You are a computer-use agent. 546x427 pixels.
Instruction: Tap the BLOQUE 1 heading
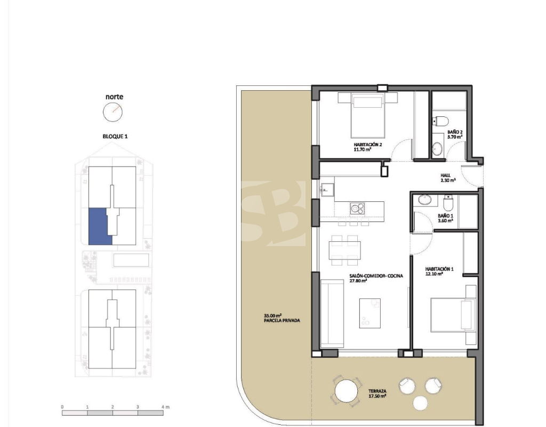click(115, 136)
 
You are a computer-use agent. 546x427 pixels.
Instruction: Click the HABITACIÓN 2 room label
click(368, 144)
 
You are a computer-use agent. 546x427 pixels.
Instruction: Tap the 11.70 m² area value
click(363, 149)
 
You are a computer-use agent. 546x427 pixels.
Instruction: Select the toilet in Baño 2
click(440, 121)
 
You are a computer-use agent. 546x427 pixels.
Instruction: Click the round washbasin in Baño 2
click(437, 149)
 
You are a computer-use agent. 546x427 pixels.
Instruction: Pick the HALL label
click(445, 175)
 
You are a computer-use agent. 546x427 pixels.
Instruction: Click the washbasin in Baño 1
click(424, 200)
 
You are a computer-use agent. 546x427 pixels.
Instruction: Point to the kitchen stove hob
click(357, 209)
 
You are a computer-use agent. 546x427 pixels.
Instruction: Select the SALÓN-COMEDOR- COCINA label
click(376, 276)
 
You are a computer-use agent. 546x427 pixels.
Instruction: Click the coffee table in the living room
click(370, 313)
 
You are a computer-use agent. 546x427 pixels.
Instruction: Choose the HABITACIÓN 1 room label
click(439, 269)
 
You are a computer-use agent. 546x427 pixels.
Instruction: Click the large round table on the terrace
click(346, 391)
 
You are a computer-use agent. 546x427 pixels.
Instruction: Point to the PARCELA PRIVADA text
click(282, 321)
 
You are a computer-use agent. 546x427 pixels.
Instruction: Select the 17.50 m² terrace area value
click(378, 396)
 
